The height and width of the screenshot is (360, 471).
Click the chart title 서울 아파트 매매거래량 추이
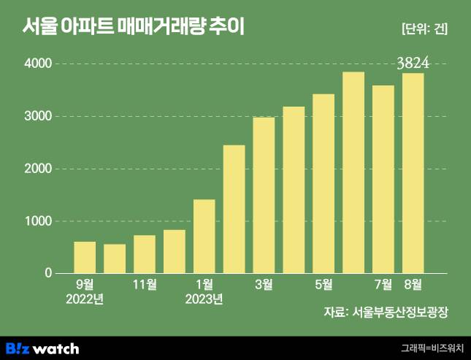point(134,28)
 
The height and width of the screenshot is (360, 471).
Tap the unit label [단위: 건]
point(424,29)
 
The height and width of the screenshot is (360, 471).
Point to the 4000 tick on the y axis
point(39,64)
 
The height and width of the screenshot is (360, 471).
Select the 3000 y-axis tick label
point(39,117)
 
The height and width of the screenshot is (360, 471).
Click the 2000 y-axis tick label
point(39,169)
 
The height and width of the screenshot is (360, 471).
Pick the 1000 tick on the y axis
point(39,221)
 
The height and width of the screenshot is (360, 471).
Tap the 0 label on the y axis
point(48,273)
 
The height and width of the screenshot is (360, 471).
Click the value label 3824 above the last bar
point(413,64)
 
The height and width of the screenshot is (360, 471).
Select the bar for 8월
point(413,173)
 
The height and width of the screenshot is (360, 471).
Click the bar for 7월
point(383,179)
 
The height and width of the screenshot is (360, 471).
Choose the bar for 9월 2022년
point(85,257)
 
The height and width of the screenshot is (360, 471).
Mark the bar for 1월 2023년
point(204,236)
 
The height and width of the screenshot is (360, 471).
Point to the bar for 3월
point(264,195)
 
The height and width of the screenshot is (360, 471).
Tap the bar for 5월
point(323,183)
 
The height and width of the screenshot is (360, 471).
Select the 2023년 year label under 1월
point(204,298)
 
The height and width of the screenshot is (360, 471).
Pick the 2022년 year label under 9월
point(85,298)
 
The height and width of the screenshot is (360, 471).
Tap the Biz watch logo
point(42,348)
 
